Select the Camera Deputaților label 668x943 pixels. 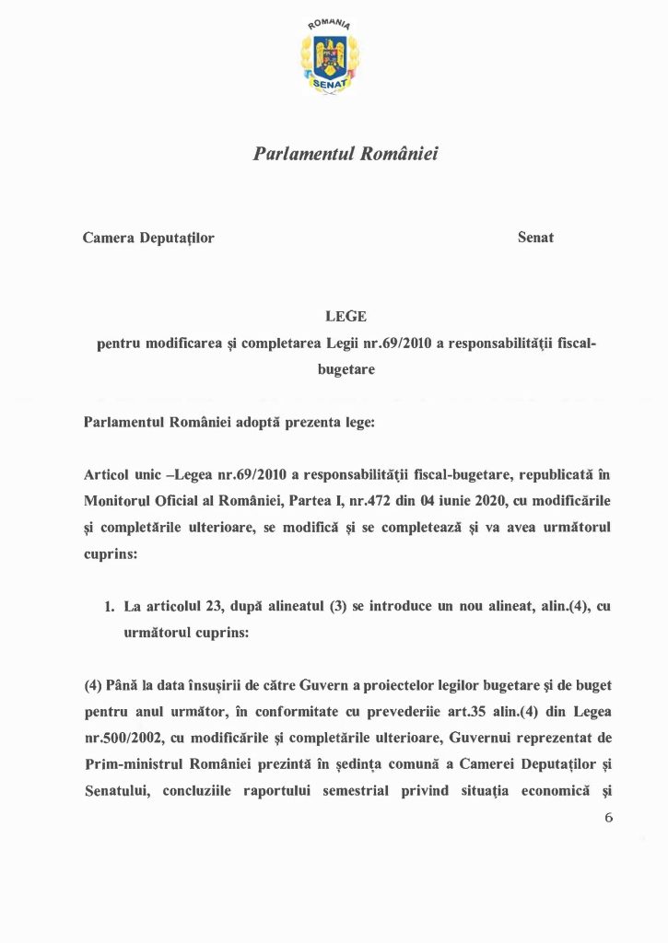point(148,238)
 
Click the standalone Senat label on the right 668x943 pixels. point(535,238)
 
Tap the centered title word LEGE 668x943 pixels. point(346,317)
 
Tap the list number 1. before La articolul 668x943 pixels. point(109,608)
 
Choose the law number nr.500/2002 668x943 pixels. point(124,739)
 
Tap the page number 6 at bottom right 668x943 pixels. point(607,818)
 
